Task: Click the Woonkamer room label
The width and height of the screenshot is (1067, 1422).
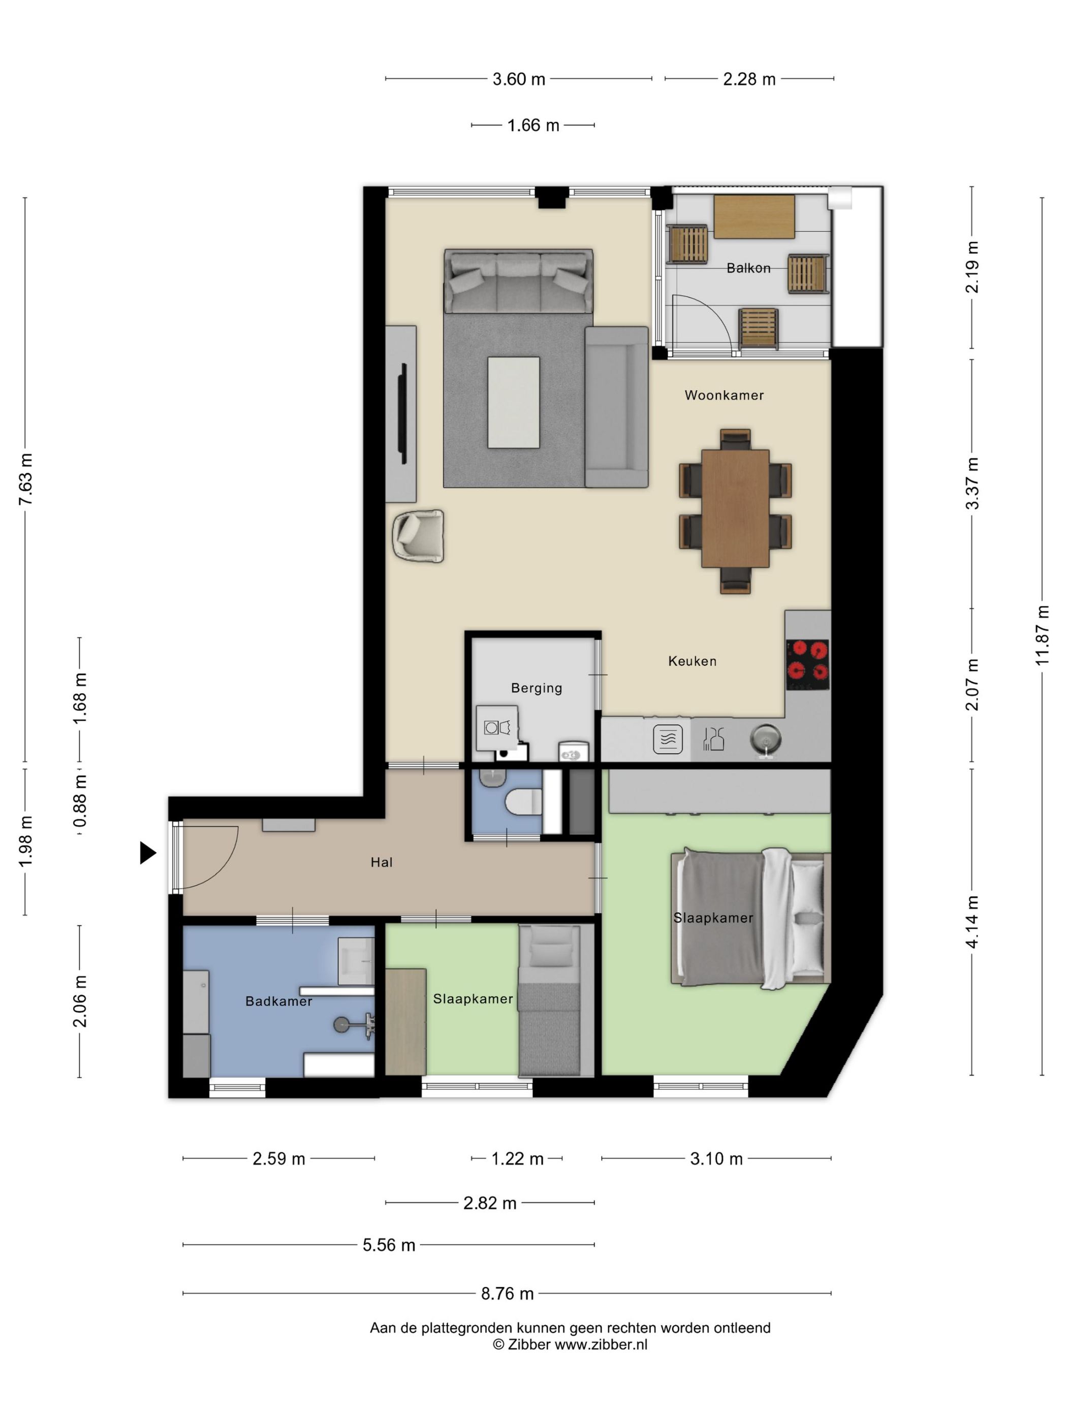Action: [724, 395]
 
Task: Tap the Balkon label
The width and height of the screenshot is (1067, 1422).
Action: [748, 268]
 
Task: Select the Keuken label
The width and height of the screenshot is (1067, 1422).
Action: [692, 661]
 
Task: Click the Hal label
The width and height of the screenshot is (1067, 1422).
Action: [382, 862]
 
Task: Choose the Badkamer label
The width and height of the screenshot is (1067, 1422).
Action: [278, 1001]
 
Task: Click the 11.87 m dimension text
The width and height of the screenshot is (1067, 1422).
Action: [1042, 635]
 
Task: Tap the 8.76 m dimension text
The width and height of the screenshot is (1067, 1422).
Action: [508, 1294]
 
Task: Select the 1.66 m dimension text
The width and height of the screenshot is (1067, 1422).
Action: [533, 125]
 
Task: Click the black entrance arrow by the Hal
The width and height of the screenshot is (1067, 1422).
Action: [148, 853]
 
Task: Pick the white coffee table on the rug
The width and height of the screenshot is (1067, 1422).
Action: [513, 402]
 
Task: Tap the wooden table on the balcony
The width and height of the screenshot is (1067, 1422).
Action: [754, 217]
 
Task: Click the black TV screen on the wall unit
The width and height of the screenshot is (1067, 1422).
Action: [404, 413]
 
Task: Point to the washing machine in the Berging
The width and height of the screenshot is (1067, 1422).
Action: [496, 728]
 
